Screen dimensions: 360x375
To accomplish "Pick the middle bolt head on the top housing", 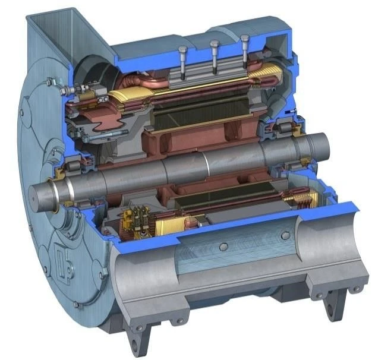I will pos(215,44).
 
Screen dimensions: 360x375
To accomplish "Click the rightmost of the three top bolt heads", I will pos(244,39).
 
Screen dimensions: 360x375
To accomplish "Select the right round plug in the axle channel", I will pos(285,236).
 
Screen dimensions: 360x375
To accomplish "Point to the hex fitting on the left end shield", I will pos(65,90).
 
